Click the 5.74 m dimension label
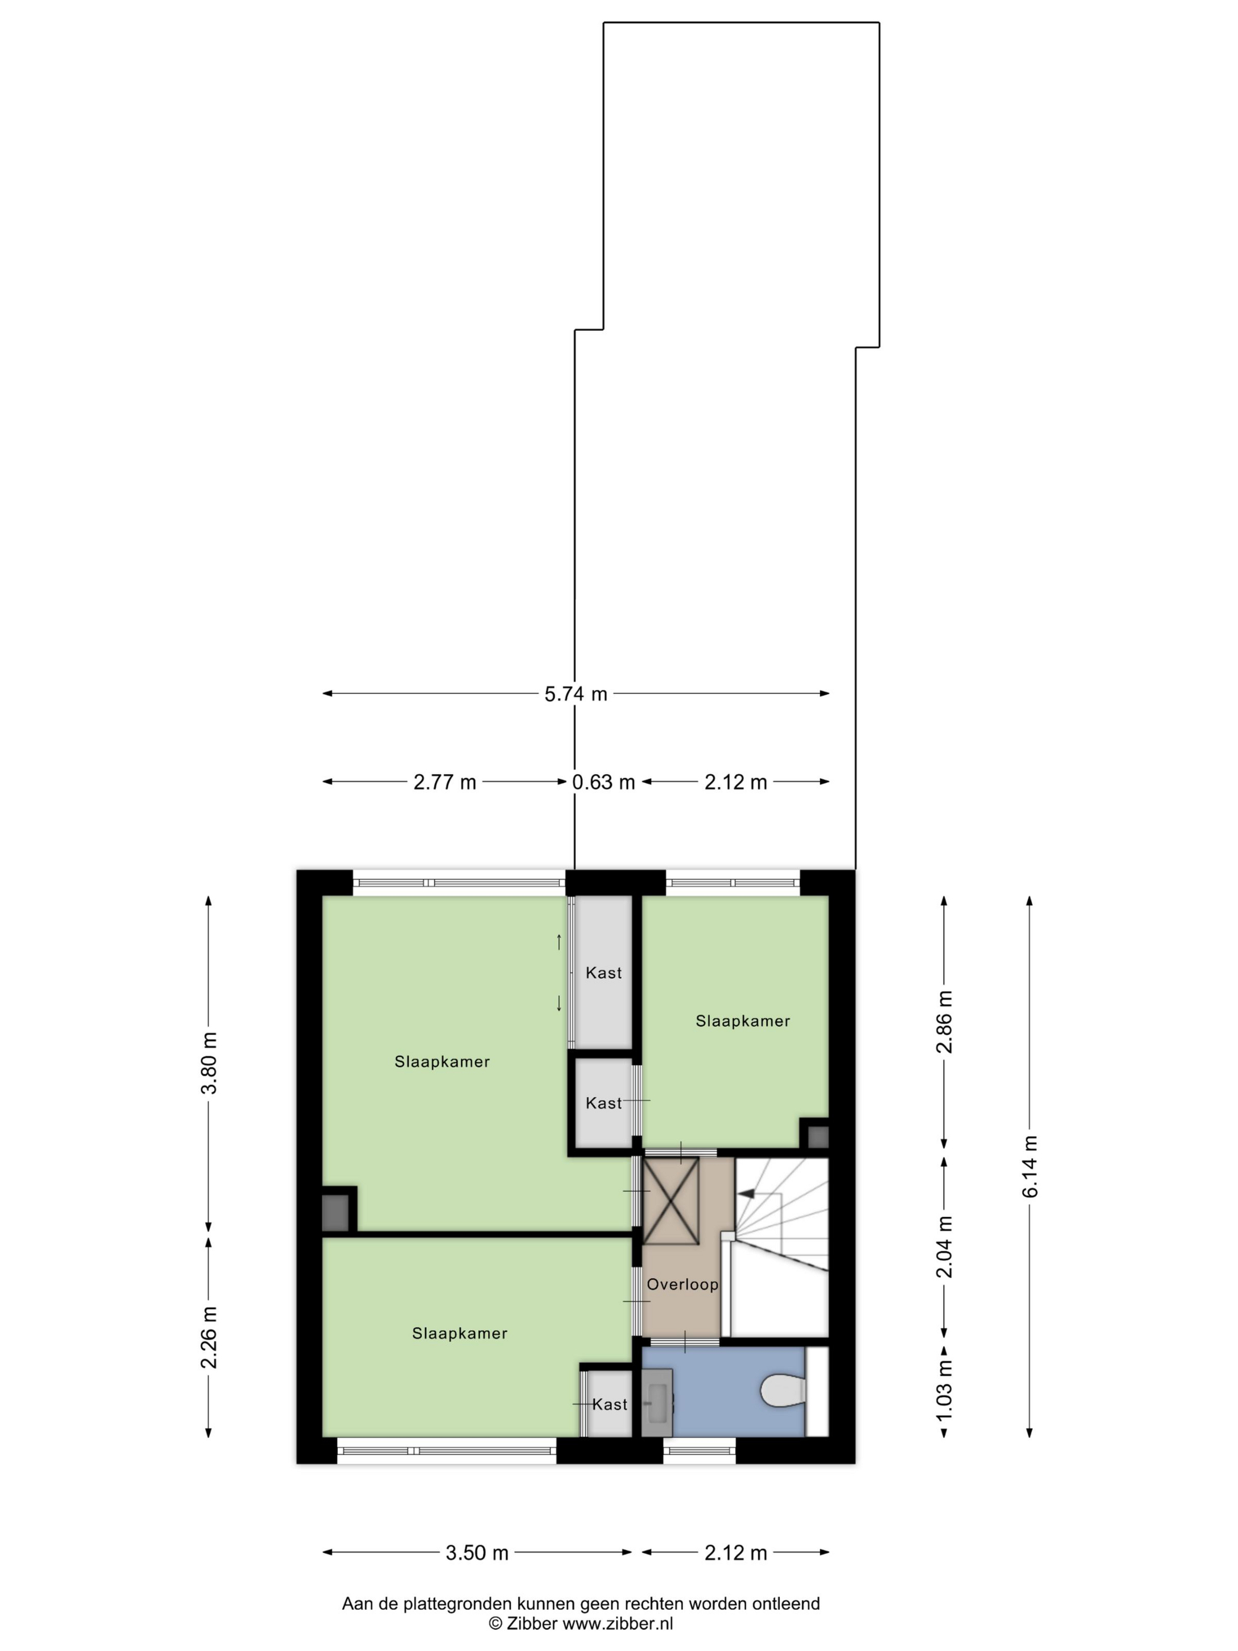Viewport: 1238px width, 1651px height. [x=575, y=694]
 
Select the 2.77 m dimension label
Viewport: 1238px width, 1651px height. [x=445, y=782]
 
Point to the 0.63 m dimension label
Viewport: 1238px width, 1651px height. [x=604, y=782]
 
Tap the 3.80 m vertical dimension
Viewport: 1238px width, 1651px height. [x=210, y=1063]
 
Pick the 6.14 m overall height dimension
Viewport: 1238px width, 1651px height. [x=1030, y=1166]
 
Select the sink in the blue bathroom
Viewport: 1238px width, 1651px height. [x=657, y=1402]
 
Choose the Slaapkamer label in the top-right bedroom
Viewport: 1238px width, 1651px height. [x=742, y=1021]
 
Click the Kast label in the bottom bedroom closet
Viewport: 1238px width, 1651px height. [x=610, y=1404]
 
